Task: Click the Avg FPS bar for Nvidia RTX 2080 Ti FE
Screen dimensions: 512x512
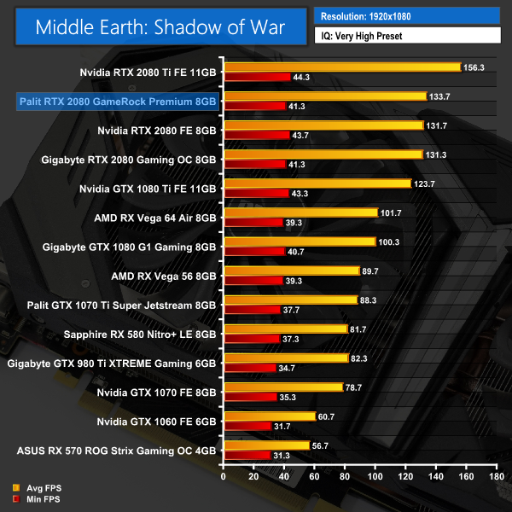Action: pyautogui.click(x=341, y=67)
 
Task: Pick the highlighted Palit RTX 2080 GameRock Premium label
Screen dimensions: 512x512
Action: pyautogui.click(x=118, y=102)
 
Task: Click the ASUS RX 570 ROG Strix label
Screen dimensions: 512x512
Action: pyautogui.click(x=116, y=450)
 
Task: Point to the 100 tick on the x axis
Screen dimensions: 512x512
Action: pyautogui.click(x=375, y=476)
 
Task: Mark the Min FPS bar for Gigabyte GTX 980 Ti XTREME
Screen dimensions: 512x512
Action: pyautogui.click(x=246, y=369)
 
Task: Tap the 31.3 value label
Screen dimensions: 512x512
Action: pyautogui.click(x=282, y=456)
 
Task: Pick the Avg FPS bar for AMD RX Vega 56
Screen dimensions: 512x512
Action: pyautogui.click(x=290, y=271)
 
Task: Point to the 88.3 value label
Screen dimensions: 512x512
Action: pyautogui.click(x=370, y=300)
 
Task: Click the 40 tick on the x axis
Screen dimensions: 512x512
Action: pyautogui.click(x=283, y=476)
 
